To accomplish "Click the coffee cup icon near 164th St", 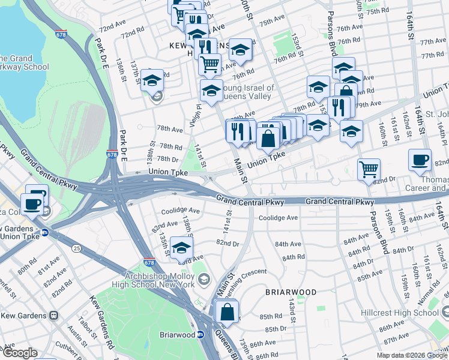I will pyautogui.click(x=420, y=160).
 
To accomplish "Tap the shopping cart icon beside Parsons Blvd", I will pyautogui.click(x=369, y=169).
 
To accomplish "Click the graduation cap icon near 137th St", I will pyautogui.click(x=152, y=80).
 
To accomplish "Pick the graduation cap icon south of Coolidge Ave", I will pyautogui.click(x=181, y=248).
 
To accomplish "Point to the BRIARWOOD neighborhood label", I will pyautogui.click(x=291, y=292).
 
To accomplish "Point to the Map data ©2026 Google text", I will pyautogui.click(x=412, y=355).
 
